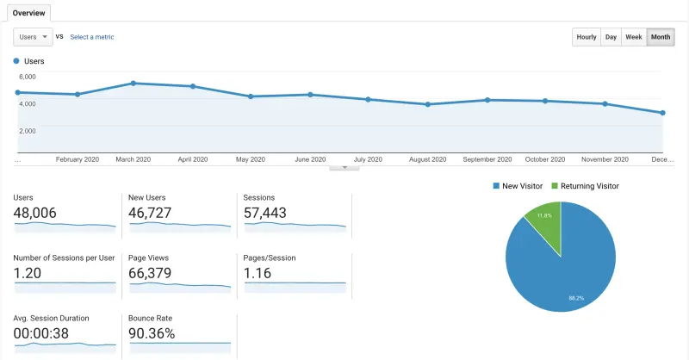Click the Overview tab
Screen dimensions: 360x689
pos(28,13)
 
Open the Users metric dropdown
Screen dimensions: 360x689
pos(33,37)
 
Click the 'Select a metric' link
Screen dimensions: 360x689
pos(91,37)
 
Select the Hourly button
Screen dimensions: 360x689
pos(587,37)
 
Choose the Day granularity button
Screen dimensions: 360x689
pos(611,37)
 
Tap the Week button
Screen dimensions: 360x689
pos(633,37)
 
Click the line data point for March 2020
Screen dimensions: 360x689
pos(133,84)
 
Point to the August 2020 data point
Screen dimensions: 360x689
pos(427,104)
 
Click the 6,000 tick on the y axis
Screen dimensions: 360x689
pos(28,77)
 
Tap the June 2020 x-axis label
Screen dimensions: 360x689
pos(309,159)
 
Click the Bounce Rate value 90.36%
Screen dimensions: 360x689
pos(152,333)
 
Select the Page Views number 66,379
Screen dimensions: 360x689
pos(150,273)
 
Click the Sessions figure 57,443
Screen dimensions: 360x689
pos(265,213)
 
